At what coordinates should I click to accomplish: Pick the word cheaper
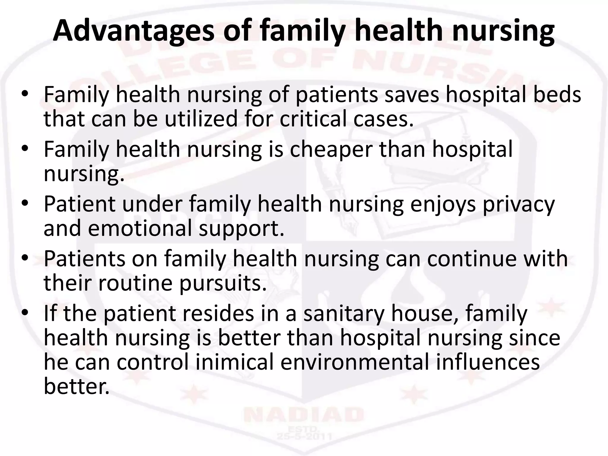[331, 150]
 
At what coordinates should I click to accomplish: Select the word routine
[135, 284]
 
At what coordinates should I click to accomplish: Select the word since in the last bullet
[534, 338]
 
